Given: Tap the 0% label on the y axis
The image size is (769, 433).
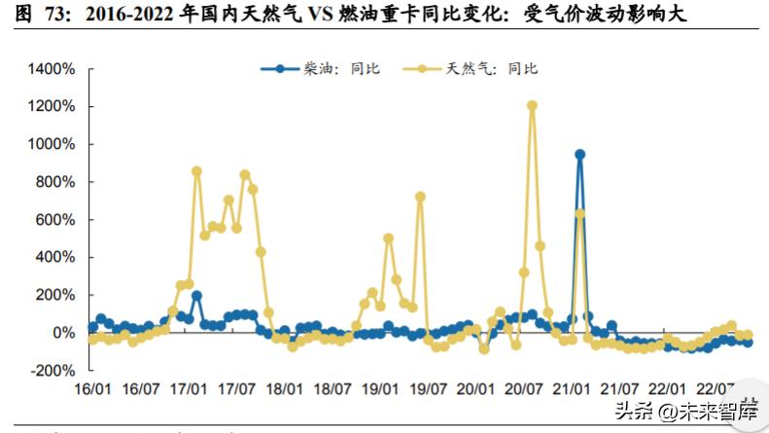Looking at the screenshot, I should pyautogui.click(x=61, y=333).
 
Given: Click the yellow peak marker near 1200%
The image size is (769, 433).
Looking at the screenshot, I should pyautogui.click(x=532, y=106).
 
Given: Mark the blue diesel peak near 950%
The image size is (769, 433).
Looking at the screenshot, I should pyautogui.click(x=579, y=154).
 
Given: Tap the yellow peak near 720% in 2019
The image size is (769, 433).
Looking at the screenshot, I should pyautogui.click(x=420, y=197).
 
